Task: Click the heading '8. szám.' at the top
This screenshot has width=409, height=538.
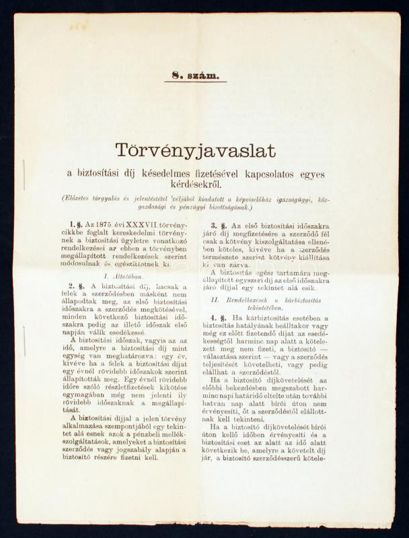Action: [x=195, y=75]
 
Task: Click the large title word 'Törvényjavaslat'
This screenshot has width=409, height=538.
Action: [x=195, y=150]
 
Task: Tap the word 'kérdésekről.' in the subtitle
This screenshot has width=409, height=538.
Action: [x=195, y=184]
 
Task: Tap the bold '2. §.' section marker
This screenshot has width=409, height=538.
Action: [x=77, y=287]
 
